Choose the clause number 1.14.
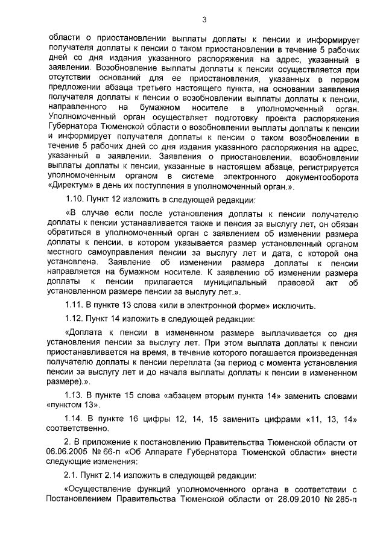point(75,420)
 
